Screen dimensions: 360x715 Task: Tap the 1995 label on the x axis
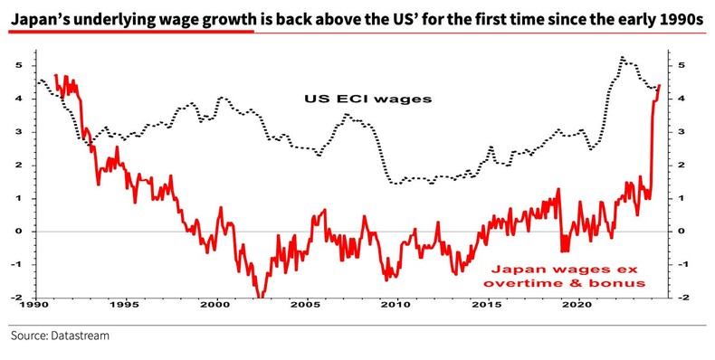126,306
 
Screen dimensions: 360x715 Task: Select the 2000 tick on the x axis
215,306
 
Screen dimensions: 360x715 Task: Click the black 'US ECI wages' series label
364,97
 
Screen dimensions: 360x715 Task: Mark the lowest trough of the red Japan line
260,296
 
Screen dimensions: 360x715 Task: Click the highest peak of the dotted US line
622,58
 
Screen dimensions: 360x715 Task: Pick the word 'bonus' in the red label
624,283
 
